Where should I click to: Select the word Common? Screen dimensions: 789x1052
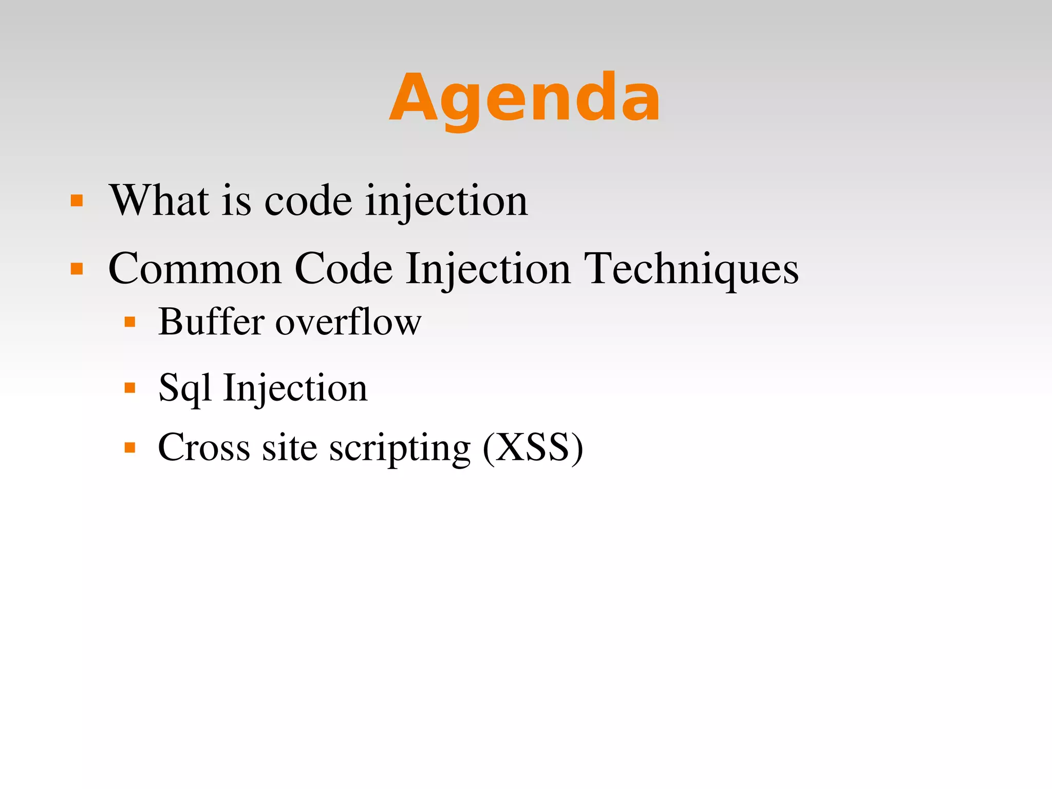click(195, 269)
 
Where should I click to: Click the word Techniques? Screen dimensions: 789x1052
click(691, 269)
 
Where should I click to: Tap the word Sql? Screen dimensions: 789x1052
click(184, 388)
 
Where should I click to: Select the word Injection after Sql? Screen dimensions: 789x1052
click(295, 388)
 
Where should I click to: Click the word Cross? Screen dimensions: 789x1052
click(204, 447)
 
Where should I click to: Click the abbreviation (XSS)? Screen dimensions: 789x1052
click(533, 447)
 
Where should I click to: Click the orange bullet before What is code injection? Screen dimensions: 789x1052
click(77, 200)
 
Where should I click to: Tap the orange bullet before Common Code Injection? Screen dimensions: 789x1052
click(77, 269)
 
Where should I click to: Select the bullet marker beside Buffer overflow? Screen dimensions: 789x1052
click(130, 322)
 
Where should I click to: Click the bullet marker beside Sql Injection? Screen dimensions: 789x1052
click(130, 388)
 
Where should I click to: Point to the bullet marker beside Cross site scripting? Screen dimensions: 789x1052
click(130, 447)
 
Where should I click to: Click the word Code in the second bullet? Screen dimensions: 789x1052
click(344, 269)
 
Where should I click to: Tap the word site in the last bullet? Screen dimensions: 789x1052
click(290, 447)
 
